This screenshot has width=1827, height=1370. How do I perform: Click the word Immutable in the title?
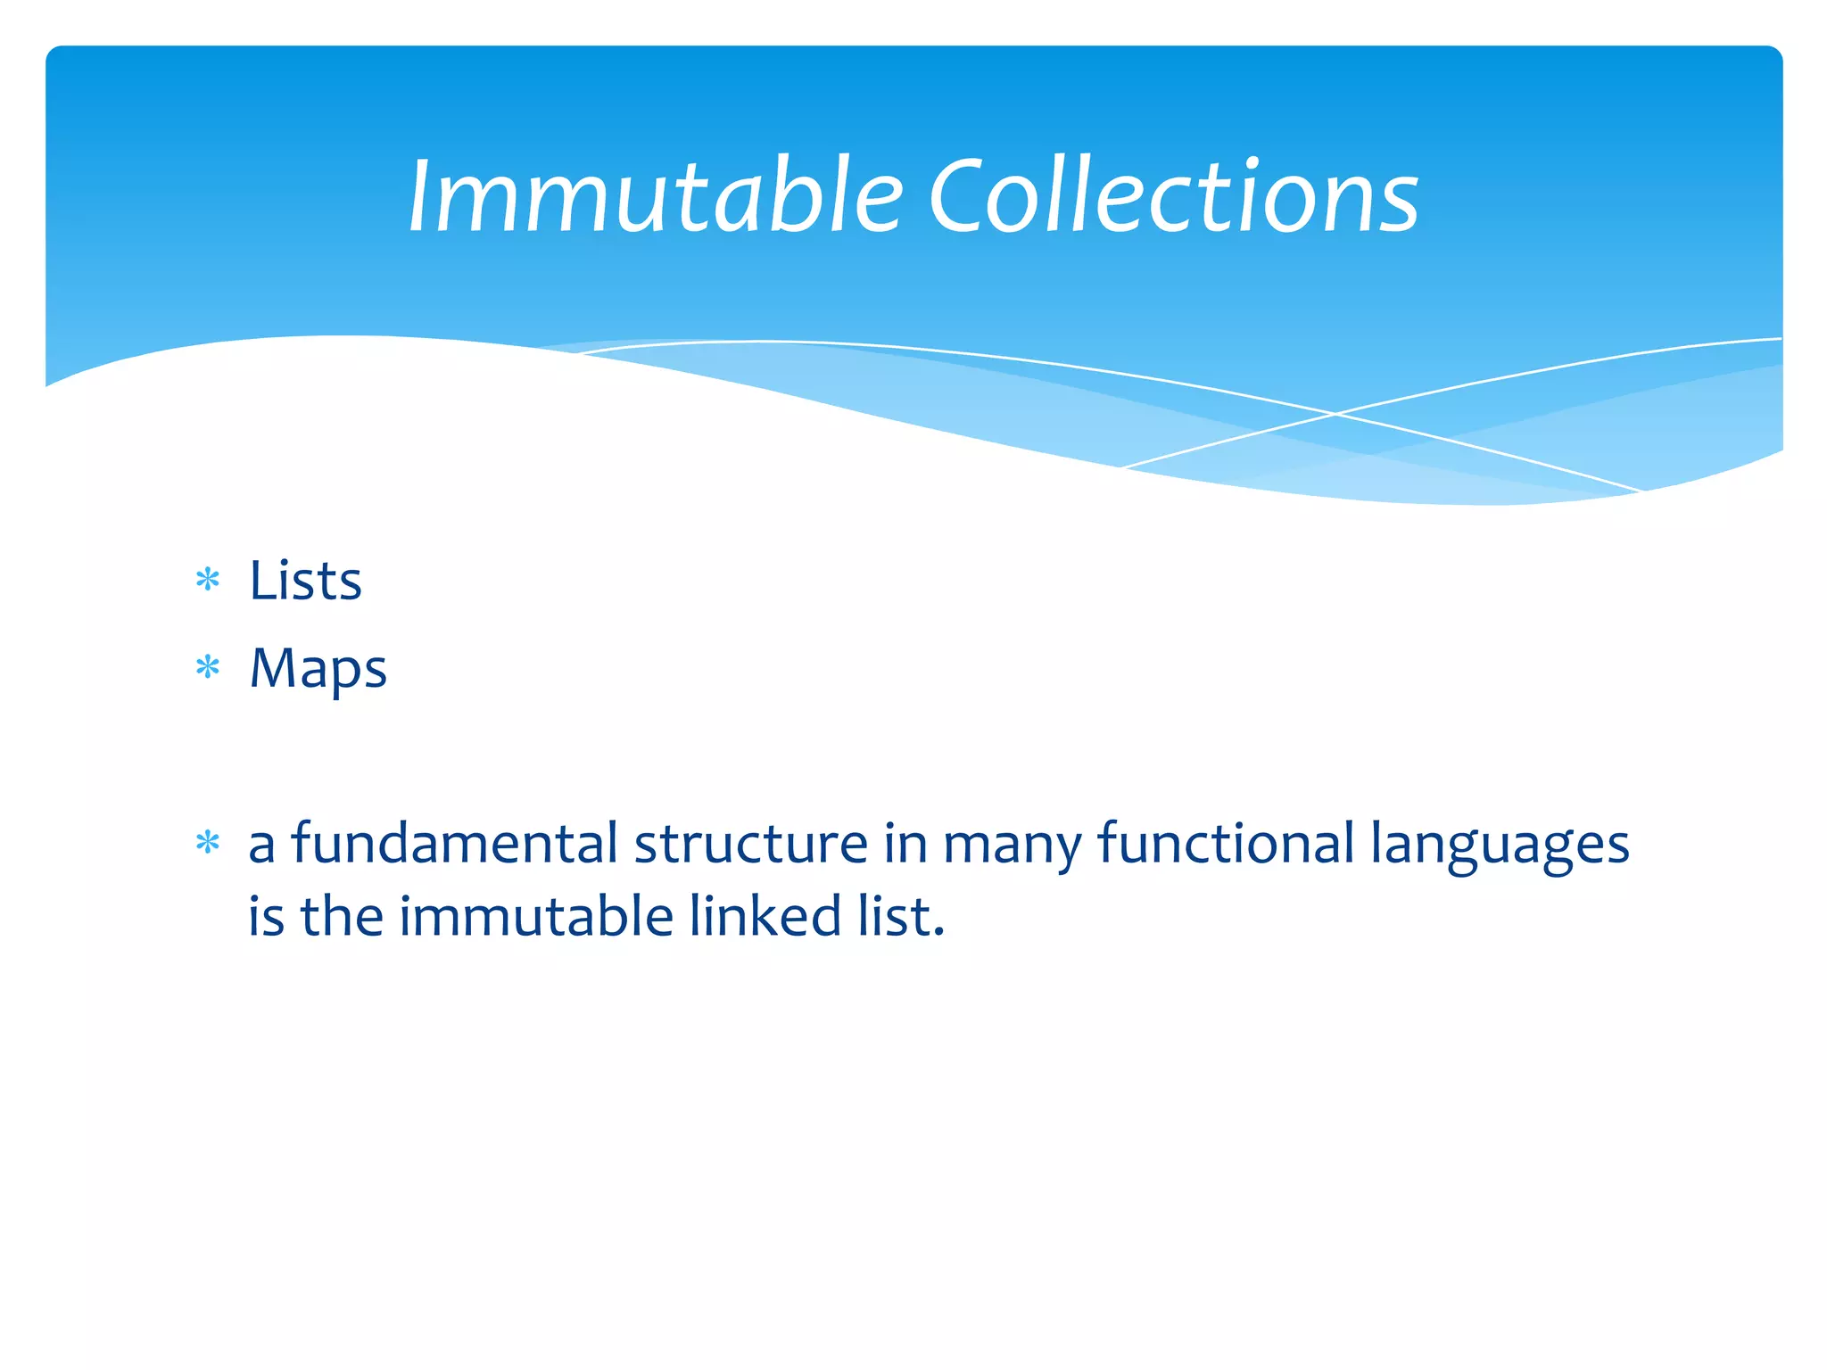pos(656,195)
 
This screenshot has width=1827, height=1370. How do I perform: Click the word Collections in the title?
pos(1173,195)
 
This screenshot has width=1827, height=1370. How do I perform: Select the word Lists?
pos(305,581)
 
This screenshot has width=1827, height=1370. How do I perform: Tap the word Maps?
pos(318,669)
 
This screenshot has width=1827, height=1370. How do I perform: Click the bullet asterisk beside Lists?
pos(208,581)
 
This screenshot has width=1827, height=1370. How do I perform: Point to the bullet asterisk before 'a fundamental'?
pos(208,842)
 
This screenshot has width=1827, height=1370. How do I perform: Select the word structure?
pos(750,843)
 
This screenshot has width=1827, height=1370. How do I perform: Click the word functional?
pos(1226,843)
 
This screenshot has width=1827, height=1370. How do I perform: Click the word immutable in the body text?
pos(535,916)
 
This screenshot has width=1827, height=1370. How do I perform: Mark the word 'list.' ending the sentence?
pos(901,916)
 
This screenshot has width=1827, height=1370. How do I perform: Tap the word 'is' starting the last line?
pos(266,916)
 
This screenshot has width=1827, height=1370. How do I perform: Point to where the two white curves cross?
pos(1335,414)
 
